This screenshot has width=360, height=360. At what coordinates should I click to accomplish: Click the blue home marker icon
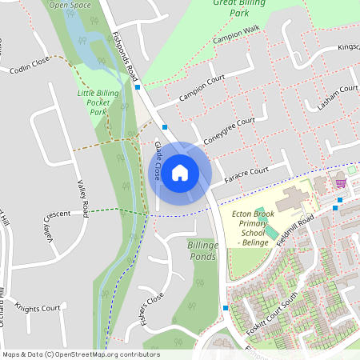(180, 172)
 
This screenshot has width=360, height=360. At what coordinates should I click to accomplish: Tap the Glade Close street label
(158, 160)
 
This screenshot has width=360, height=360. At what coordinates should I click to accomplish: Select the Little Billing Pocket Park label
(98, 102)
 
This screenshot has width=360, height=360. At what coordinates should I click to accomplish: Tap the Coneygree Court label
(230, 127)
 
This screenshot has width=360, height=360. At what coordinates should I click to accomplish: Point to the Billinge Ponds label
(202, 250)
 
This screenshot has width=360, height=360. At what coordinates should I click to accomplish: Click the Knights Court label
(38, 308)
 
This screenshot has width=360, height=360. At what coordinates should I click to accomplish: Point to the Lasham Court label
(337, 95)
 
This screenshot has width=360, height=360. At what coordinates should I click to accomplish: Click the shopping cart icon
(341, 182)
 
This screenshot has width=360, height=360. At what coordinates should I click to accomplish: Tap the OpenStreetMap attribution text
(81, 354)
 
